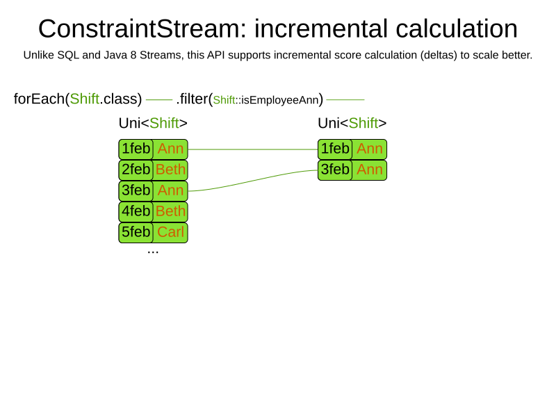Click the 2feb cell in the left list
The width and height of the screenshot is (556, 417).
point(136,170)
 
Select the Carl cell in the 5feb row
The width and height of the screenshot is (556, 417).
point(170,233)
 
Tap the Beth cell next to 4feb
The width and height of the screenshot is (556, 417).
point(170,212)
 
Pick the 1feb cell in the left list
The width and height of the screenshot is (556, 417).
point(136,149)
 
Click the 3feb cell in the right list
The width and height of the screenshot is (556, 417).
point(335,170)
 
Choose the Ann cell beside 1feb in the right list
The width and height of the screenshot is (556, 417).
point(370,149)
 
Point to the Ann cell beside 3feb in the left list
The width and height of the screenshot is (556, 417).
point(170,190)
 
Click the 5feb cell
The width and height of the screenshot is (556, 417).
point(136,233)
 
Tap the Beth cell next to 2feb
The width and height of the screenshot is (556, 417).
point(170,170)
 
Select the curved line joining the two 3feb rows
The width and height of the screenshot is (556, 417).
point(253,181)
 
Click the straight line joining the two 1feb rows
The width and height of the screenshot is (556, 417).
point(253,149)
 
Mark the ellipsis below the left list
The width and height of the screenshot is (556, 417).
point(153,252)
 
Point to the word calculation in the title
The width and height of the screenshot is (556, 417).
point(457,29)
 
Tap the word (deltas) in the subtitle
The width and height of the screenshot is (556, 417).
point(439,56)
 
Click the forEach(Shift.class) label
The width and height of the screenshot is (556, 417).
point(78,99)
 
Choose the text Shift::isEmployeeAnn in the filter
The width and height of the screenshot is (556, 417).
point(266,100)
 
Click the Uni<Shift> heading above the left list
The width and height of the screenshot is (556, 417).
point(153,124)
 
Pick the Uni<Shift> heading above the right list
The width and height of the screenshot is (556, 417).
point(352,124)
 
